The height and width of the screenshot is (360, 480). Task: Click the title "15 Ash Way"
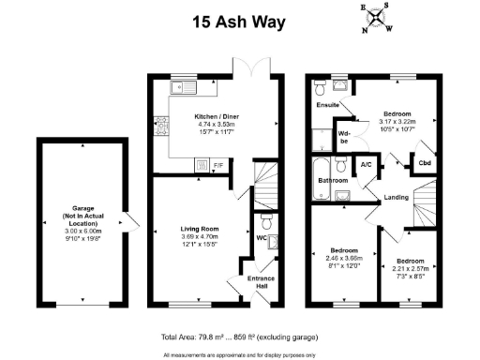coord(239,22)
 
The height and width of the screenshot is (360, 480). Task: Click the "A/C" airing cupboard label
coord(366,165)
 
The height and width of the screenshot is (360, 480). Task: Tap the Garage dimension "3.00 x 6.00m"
coord(81,232)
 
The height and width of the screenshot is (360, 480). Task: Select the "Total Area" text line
coord(239,337)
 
